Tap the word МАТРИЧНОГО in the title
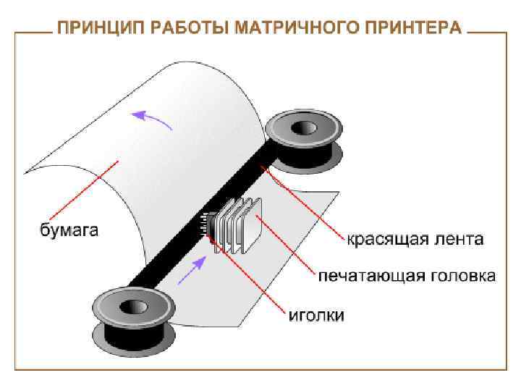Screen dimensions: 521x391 click(x=287, y=29)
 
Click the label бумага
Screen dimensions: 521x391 click(x=68, y=231)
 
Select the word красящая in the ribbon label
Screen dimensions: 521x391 click(x=381, y=238)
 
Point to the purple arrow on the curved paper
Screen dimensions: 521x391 click(x=154, y=119)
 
